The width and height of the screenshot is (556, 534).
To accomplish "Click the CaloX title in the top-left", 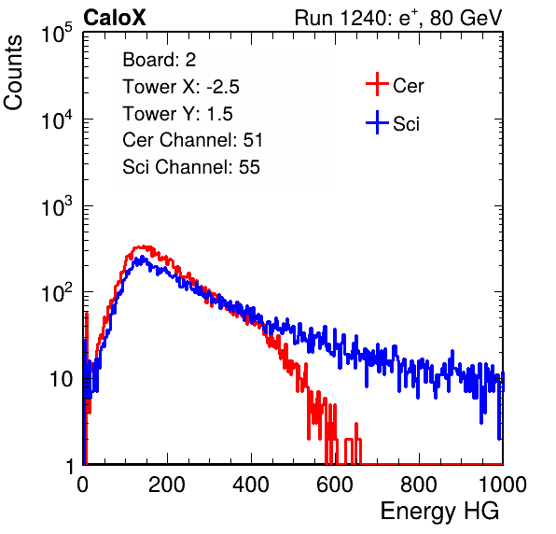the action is coord(115,18).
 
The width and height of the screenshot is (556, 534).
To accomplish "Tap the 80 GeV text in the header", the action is coord(466,18).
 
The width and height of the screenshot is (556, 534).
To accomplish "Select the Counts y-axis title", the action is coord(13,73).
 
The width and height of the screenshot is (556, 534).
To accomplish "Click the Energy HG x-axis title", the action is coord(439,511).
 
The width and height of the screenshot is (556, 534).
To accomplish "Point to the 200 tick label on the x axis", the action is coord(167,485).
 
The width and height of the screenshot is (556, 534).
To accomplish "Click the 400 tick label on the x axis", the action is coord(251,485).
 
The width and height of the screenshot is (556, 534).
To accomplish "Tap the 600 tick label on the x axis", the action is coord(335,485).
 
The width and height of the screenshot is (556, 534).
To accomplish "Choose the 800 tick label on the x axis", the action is coord(419,485).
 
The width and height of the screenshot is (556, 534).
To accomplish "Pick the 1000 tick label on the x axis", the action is coord(503,485).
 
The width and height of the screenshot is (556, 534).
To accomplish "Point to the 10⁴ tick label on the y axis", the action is coord(57,119).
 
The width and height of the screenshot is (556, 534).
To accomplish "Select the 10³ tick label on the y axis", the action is coord(57,206).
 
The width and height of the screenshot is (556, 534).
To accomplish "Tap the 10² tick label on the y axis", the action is coord(57,293).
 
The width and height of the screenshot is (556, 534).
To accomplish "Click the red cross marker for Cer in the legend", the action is coord(377,84).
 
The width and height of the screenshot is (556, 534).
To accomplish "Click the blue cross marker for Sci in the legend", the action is coord(377,122).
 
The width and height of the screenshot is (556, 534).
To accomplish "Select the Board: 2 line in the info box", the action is coord(160,60).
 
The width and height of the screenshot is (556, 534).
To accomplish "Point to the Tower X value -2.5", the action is coord(223,87).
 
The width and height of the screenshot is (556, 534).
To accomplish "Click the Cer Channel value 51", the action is coord(253,140).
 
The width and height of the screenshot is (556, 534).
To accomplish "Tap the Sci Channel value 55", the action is coord(249,166).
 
